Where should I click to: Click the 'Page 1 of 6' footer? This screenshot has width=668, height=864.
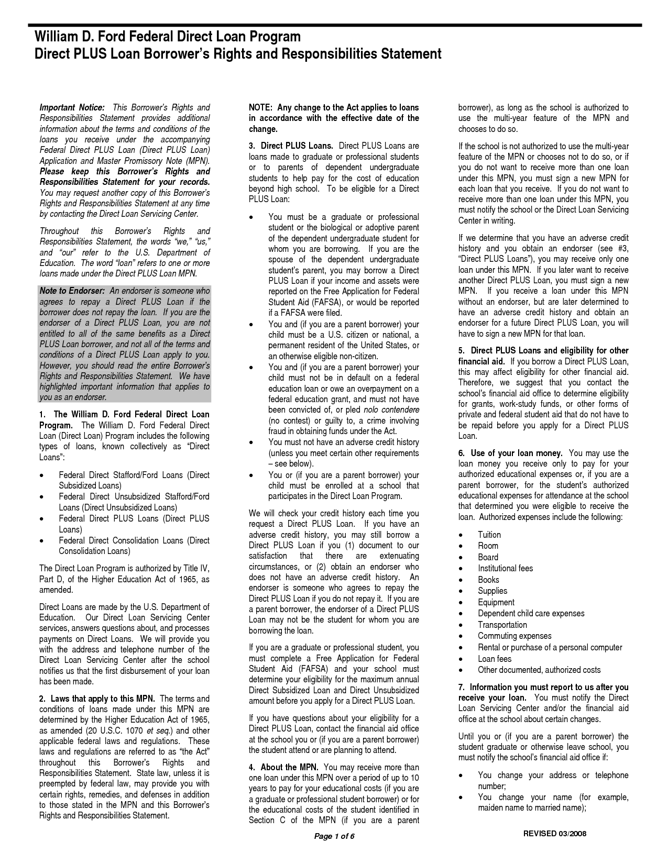[x=334, y=836]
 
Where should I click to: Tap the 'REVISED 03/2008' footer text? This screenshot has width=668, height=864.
[x=555, y=833]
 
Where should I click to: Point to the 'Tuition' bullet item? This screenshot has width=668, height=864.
[x=489, y=535]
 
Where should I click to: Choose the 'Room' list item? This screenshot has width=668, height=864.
[x=488, y=546]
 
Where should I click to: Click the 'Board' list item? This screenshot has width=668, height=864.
[x=488, y=557]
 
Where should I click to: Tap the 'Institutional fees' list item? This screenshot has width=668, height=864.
[x=505, y=568]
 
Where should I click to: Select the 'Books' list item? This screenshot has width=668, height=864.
[x=488, y=580]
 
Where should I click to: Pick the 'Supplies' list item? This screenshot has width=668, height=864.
[x=492, y=591]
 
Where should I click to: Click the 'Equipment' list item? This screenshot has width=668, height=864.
[x=496, y=602]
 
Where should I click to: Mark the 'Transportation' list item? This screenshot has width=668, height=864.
[x=502, y=625]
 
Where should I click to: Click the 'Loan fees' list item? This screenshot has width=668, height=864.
[x=495, y=659]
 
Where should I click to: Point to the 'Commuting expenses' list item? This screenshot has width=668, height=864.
[x=514, y=636]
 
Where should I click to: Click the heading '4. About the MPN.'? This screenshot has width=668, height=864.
[x=283, y=767]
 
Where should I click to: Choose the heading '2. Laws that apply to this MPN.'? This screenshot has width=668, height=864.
[x=97, y=699]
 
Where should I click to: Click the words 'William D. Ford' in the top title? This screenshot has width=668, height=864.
[x=80, y=37]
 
